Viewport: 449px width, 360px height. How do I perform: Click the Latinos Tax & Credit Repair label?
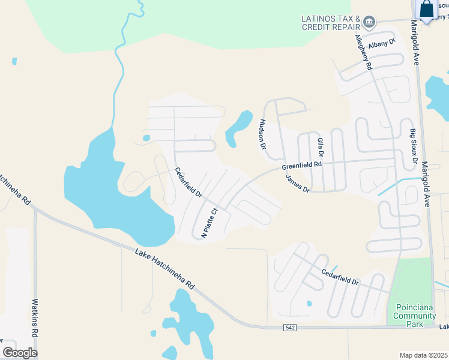point(331,23)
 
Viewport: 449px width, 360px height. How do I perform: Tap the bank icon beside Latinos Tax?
point(369,23)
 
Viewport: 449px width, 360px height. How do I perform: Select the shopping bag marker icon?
point(427,10)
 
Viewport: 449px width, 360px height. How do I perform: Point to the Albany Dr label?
point(383,44)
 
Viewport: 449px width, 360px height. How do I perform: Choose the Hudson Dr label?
point(262,133)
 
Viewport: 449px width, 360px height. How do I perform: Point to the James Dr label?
point(297,184)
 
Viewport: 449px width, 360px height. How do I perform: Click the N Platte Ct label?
point(208,223)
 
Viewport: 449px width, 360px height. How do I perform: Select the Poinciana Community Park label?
point(414,316)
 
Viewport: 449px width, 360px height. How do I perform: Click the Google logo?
point(19,352)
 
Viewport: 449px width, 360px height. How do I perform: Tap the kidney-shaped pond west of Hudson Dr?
point(238,128)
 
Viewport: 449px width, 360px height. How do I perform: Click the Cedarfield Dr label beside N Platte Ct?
point(187,182)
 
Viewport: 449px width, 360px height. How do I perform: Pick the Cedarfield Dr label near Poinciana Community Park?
point(339,277)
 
